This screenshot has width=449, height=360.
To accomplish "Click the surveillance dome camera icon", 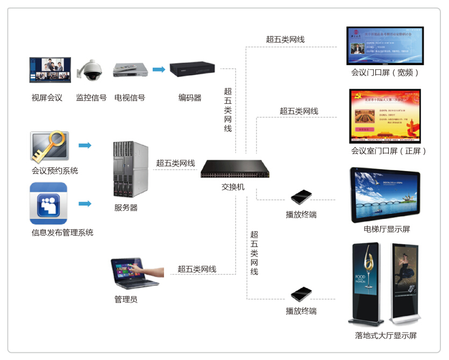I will [x=90, y=71].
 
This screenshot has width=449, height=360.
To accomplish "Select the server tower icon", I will [x=130, y=169].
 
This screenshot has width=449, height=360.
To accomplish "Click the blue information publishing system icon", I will [x=48, y=204].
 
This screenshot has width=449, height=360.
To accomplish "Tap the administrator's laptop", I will [x=129, y=273].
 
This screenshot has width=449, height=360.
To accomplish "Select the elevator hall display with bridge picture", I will [x=385, y=194].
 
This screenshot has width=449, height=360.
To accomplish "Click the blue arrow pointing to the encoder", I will [x=159, y=69].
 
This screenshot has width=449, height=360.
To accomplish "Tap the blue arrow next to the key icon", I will [x=84, y=145].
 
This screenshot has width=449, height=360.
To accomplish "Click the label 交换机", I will [x=233, y=187].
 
